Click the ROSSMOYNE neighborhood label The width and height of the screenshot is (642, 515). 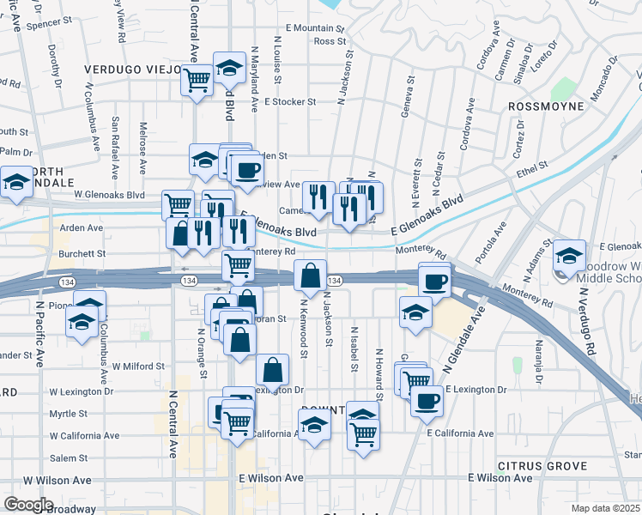546,106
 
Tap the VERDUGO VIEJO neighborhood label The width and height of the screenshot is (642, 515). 132,69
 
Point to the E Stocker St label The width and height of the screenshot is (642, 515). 290,101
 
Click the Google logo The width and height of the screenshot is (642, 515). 29,505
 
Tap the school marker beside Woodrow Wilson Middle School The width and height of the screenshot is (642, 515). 569,255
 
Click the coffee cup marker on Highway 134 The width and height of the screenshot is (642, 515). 435,281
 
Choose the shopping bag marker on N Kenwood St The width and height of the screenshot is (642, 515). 310,276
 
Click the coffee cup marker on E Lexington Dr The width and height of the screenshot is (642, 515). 427,399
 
